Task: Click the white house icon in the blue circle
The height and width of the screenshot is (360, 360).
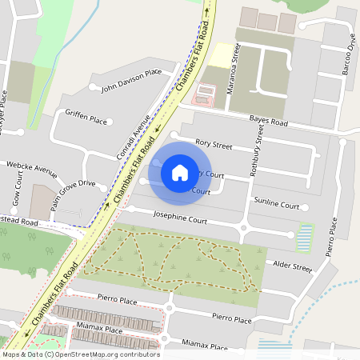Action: click(180, 171)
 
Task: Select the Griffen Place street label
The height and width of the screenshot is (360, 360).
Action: click(86, 120)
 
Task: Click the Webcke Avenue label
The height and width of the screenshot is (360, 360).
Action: click(32, 169)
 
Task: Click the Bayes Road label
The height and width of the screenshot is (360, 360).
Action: click(268, 122)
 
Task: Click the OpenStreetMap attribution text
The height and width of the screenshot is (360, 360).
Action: click(81, 354)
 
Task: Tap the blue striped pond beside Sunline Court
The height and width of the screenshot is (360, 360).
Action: click(305, 236)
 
